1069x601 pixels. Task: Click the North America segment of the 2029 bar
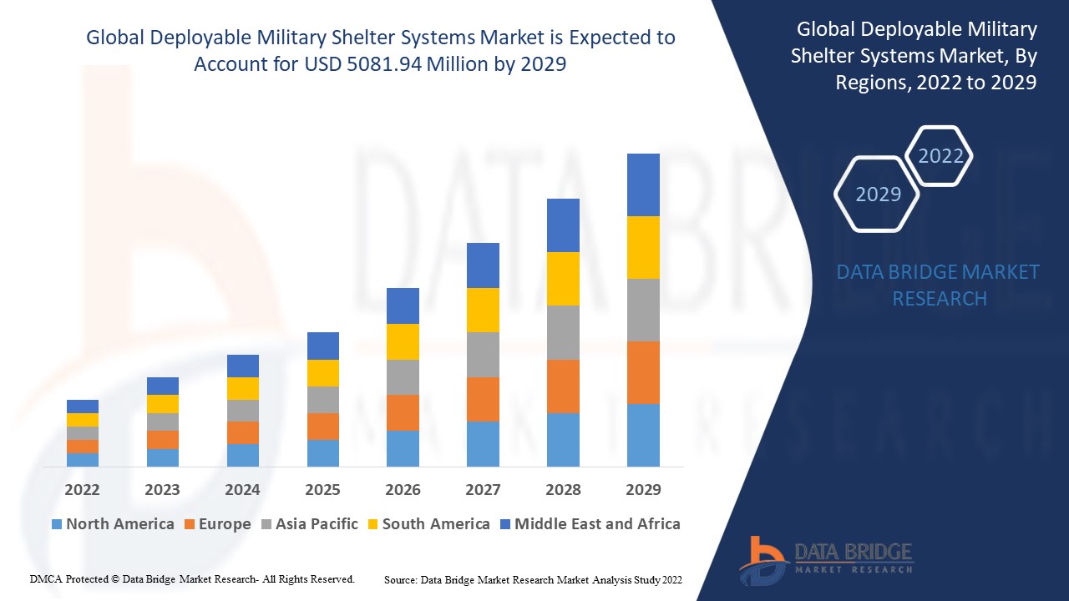[643, 435]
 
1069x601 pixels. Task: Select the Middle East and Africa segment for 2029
[643, 184]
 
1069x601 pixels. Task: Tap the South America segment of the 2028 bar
[563, 279]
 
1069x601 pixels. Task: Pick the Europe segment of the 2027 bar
[483, 399]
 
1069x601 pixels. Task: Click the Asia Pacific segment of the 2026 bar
[403, 377]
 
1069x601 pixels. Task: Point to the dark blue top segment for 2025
[323, 346]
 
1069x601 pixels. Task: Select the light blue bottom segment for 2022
[83, 459]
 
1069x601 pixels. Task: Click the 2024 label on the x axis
[242, 490]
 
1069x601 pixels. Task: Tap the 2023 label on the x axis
[162, 490]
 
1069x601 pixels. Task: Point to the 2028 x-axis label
[563, 490]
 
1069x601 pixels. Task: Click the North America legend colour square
[57, 524]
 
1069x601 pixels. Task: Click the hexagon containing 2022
[940, 156]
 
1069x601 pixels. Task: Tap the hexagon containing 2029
[878, 194]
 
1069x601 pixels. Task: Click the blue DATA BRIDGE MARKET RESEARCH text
[939, 285]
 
